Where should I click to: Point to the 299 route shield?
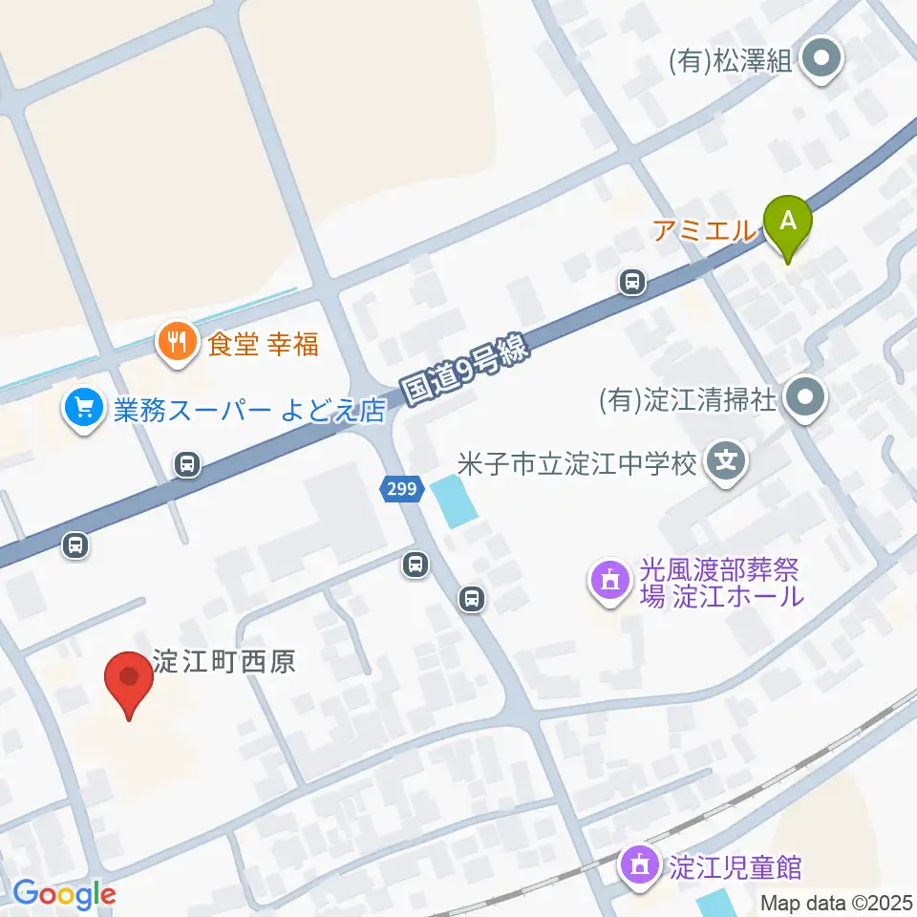point(402,489)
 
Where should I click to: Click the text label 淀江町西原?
point(224,661)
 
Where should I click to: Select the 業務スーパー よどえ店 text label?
point(249,410)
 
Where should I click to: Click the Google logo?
point(65,893)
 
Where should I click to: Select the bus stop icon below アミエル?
point(631,282)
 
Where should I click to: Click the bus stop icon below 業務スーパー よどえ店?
point(187,465)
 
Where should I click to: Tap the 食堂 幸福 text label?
point(264,343)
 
